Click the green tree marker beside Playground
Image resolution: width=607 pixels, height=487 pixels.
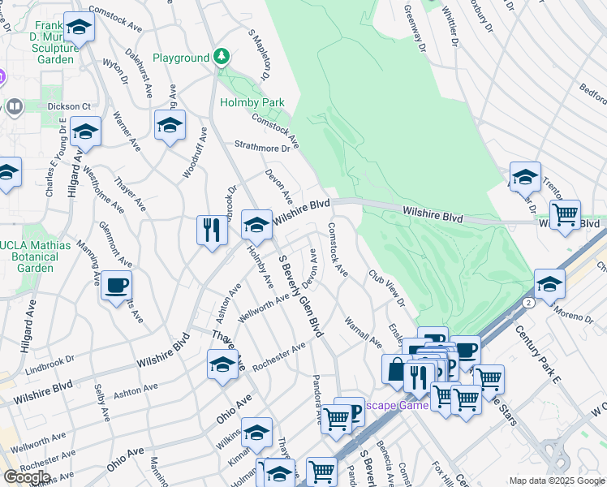pyautogui.click(x=222, y=57)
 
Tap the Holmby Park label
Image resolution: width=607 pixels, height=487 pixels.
pyautogui.click(x=252, y=103)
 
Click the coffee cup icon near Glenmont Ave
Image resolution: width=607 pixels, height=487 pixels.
pyautogui.click(x=116, y=286)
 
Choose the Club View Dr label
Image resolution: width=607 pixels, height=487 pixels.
pyautogui.click(x=386, y=289)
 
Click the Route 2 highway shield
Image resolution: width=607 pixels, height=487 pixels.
pyautogui.click(x=528, y=302)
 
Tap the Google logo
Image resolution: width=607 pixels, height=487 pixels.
pyautogui.click(x=27, y=477)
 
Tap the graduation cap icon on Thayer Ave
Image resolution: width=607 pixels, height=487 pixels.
pyautogui.click(x=222, y=364)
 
